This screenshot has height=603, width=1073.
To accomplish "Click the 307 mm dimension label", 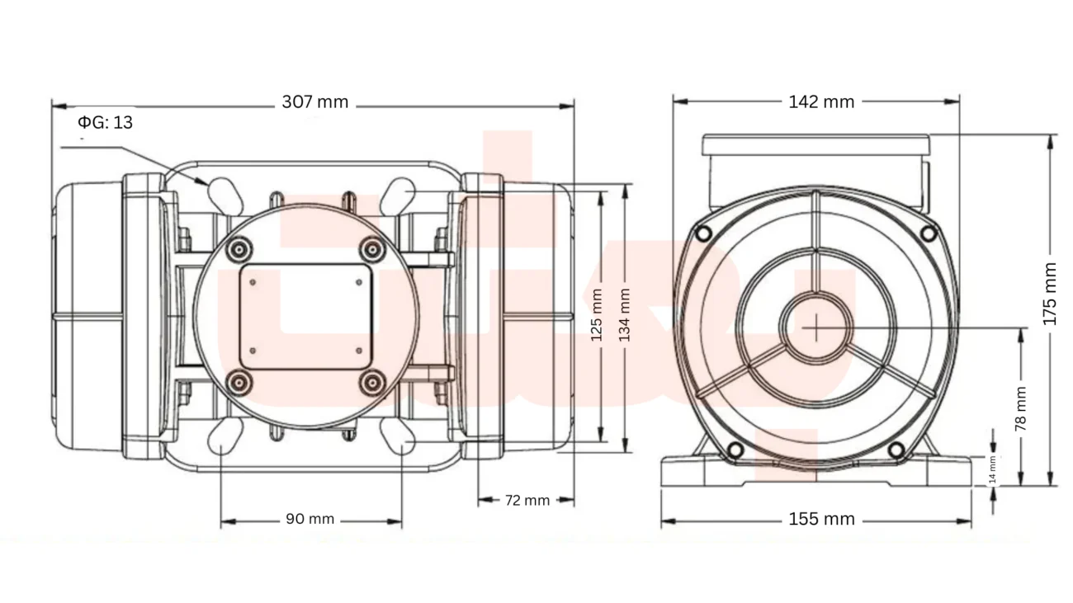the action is (314, 102).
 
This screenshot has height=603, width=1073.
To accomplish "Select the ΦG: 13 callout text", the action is (105, 123).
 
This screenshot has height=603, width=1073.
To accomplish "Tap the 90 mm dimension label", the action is (310, 519).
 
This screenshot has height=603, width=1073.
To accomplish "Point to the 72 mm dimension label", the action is (527, 500).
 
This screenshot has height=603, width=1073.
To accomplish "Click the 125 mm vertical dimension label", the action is (596, 315).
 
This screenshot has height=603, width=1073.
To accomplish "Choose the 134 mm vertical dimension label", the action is (624, 315).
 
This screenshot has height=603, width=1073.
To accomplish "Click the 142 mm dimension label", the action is (821, 102).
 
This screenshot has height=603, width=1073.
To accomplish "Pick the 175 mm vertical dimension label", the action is (1050, 294).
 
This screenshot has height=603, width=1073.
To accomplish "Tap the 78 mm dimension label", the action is (1021, 408).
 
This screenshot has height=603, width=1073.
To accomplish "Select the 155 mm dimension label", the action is (821, 519).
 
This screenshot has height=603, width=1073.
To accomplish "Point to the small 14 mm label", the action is (992, 469).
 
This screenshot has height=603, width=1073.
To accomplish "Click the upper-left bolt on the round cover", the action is (239, 249).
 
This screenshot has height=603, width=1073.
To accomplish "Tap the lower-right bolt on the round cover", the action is (372, 383).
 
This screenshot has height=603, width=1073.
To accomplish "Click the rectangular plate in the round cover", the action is (305, 316).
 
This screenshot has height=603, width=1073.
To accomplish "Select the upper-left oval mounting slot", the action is (225, 196).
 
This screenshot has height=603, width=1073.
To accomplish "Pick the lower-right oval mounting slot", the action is (397, 436).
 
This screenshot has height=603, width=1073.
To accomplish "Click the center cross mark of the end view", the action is (816, 328).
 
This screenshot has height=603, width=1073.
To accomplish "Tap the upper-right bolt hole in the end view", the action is (929, 233).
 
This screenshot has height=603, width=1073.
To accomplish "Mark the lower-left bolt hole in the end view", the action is (735, 450).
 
